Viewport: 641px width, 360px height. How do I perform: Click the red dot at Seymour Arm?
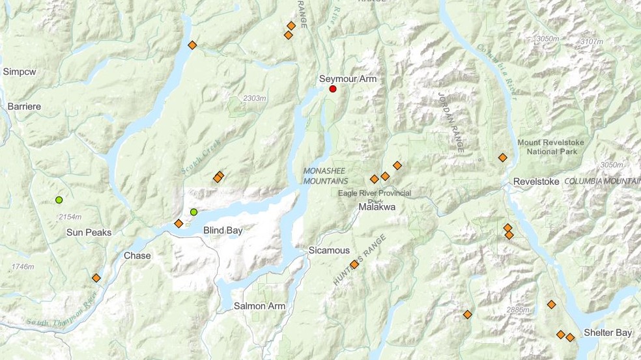click(x=333, y=89)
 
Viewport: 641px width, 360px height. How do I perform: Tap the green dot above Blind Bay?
click(x=193, y=212)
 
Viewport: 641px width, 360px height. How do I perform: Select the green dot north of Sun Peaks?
click(x=59, y=200)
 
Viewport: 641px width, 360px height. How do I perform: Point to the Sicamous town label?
click(x=329, y=251)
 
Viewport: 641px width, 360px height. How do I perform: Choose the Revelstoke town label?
click(x=536, y=182)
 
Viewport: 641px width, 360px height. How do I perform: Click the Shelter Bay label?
click(x=608, y=333)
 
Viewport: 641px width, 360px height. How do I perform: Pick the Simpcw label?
click(x=19, y=71)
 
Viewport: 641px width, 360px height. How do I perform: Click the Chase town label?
click(x=137, y=256)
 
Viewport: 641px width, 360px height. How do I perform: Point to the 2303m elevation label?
click(x=255, y=98)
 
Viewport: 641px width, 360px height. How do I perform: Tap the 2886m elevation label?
click(x=517, y=310)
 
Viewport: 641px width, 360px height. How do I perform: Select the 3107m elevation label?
click(x=591, y=41)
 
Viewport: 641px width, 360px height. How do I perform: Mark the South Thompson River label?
click(x=62, y=309)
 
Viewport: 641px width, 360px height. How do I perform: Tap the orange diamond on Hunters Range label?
click(x=354, y=264)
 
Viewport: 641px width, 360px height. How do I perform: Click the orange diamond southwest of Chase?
click(x=96, y=278)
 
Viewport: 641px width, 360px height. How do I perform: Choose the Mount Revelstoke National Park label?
click(x=550, y=146)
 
